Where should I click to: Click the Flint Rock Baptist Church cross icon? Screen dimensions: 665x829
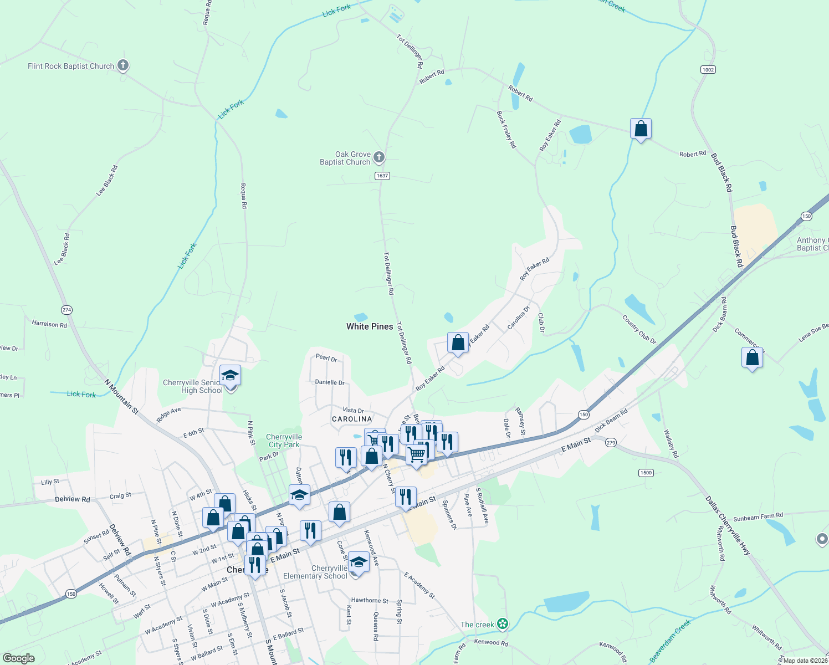click(123, 66)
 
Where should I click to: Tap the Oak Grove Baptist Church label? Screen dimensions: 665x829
click(345, 158)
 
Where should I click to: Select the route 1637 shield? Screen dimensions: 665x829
click(382, 176)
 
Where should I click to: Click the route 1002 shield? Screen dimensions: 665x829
click(708, 69)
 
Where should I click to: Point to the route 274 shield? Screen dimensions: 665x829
click(66, 310)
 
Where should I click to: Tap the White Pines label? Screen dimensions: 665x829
click(370, 326)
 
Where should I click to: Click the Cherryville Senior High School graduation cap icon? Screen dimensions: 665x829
click(230, 376)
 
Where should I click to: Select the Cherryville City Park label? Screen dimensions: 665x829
click(284, 441)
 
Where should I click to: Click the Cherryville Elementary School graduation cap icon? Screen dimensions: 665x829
click(359, 562)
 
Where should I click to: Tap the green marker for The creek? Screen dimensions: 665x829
click(503, 624)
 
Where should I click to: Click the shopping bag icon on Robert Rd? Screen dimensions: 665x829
click(641, 129)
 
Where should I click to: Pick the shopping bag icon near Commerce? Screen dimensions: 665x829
click(752, 358)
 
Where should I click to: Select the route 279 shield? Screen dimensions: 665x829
click(611, 442)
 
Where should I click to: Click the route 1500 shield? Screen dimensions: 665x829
click(646, 473)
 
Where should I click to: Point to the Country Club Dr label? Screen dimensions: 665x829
click(639, 330)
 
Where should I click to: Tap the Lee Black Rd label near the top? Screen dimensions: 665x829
click(108, 180)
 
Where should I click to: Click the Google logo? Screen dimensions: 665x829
click(19, 658)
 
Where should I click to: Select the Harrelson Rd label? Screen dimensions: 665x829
click(49, 324)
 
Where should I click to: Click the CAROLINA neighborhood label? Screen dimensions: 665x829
click(352, 419)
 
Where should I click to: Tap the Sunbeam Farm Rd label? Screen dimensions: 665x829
click(758, 517)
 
